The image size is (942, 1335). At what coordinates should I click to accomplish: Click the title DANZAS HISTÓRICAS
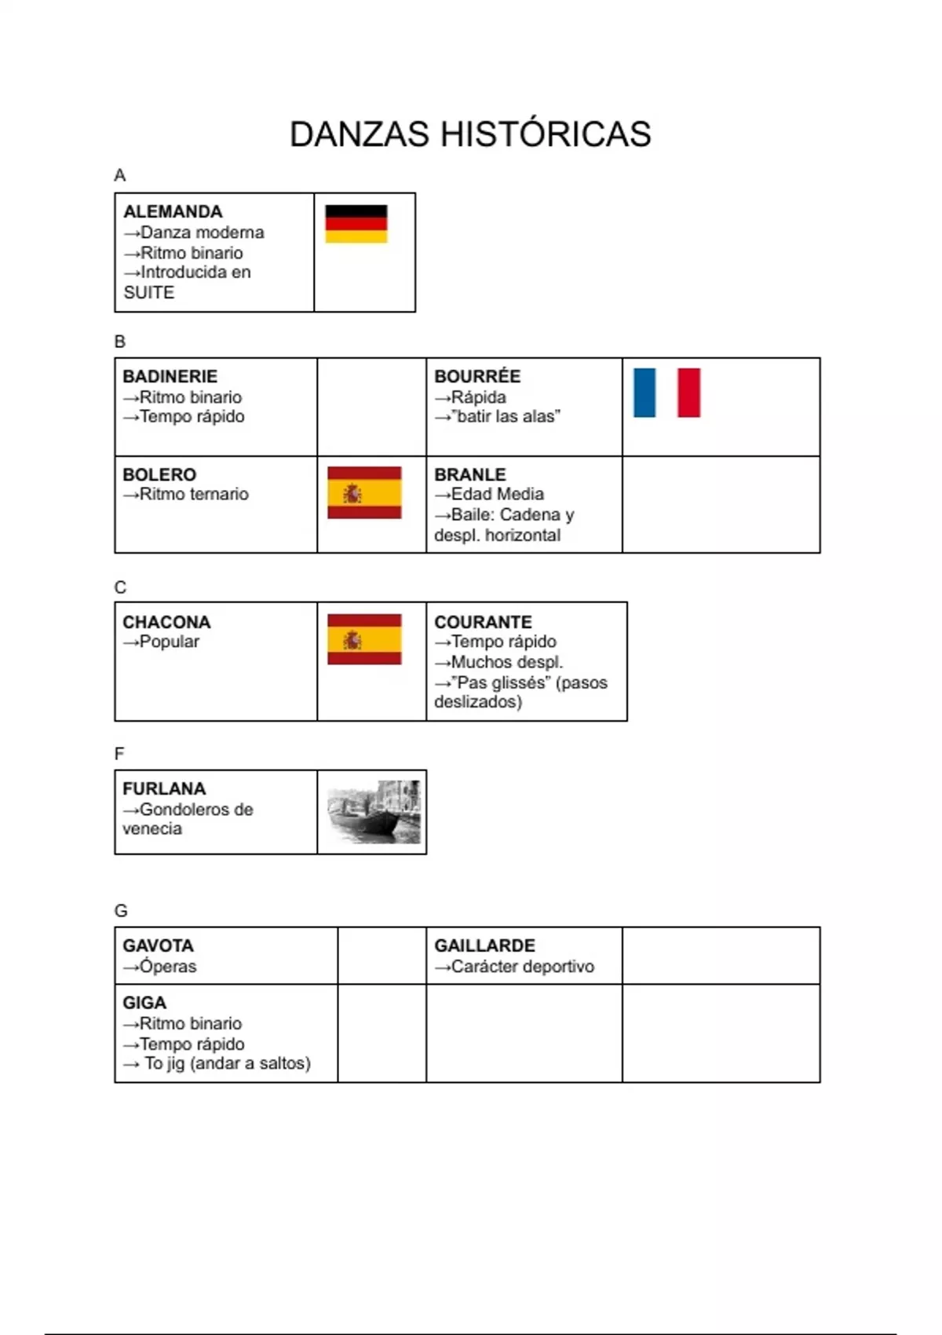(x=470, y=134)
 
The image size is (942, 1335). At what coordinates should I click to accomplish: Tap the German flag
(x=356, y=224)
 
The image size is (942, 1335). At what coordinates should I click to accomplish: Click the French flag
(x=666, y=393)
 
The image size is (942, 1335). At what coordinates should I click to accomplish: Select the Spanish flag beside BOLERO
(x=364, y=492)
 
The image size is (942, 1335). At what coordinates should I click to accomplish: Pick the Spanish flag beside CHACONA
(x=364, y=639)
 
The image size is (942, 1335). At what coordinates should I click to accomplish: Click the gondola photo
(x=374, y=812)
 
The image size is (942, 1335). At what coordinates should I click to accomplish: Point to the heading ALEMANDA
(x=173, y=212)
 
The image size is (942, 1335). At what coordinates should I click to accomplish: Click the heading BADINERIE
(x=170, y=377)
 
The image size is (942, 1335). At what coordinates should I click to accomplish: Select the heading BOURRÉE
(x=477, y=377)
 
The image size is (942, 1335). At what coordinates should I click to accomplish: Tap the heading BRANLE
(x=470, y=475)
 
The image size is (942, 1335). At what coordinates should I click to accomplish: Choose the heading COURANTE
(x=483, y=622)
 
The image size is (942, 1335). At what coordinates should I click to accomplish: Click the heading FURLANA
(x=164, y=789)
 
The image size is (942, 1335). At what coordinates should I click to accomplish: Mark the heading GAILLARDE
(x=484, y=946)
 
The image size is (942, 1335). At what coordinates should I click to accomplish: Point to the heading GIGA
(x=144, y=1003)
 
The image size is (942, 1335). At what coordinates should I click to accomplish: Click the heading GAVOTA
(x=158, y=946)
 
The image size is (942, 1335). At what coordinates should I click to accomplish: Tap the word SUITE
(x=149, y=293)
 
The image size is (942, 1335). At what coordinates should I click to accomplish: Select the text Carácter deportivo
(x=523, y=967)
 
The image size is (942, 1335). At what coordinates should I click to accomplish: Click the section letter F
(x=119, y=754)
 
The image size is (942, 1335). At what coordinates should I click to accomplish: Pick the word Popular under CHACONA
(x=170, y=642)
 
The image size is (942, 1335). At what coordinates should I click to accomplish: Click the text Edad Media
(x=498, y=495)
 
